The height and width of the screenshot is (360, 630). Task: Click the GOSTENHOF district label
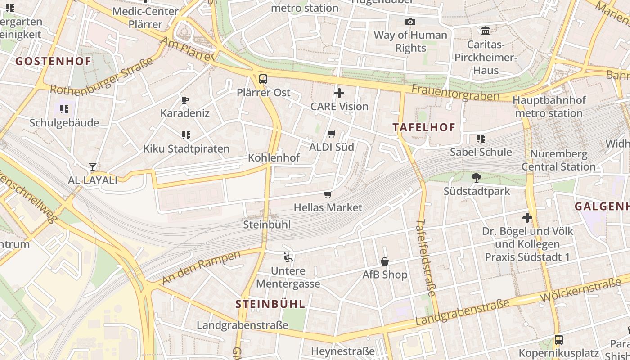tap(54, 61)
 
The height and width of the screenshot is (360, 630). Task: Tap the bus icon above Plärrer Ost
tap(263, 80)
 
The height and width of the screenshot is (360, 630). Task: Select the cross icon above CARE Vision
tap(339, 94)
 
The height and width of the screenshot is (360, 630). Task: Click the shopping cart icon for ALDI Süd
tap(332, 134)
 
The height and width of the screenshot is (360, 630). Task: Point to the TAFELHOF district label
tap(424, 127)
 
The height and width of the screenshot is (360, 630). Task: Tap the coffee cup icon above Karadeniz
tap(184, 100)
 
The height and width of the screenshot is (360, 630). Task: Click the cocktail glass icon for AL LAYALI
tap(92, 167)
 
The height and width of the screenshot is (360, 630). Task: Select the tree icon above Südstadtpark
tap(477, 178)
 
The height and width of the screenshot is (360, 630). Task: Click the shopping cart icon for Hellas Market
tap(328, 194)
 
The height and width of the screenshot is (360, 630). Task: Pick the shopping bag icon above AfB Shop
tap(385, 261)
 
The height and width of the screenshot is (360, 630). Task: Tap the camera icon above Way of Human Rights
tap(410, 22)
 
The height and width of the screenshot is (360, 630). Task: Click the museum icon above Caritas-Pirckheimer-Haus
tap(486, 31)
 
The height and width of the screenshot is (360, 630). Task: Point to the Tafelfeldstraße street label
tap(426, 257)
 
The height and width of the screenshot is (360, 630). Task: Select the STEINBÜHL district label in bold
tap(270, 304)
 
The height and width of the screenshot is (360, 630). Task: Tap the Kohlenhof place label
tap(274, 158)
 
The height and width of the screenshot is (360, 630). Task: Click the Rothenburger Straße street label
tap(102, 77)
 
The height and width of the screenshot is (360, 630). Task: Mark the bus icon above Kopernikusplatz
tap(558, 340)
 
